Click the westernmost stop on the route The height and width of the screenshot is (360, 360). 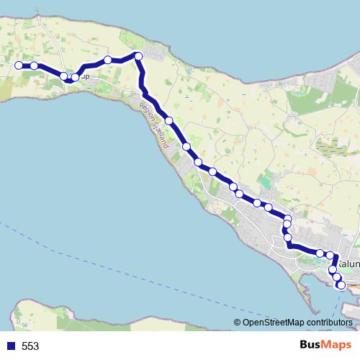tap(19, 66)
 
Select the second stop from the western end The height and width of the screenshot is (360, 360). tap(34, 66)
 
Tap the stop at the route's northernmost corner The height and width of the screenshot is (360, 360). tap(138, 55)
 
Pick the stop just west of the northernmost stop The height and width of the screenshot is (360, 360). tap(107, 60)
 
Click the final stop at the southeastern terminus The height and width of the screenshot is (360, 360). tap(341, 286)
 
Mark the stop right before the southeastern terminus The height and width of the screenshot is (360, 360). tap(336, 277)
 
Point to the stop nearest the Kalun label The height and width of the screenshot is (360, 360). tap(330, 256)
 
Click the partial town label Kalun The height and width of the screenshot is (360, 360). tap(348, 264)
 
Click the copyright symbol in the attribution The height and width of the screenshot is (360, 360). tap(238, 323)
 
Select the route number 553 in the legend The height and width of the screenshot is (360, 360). tap(30, 346)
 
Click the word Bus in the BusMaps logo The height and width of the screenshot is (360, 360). tap(311, 345)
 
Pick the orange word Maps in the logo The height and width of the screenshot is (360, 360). tap(338, 345)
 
